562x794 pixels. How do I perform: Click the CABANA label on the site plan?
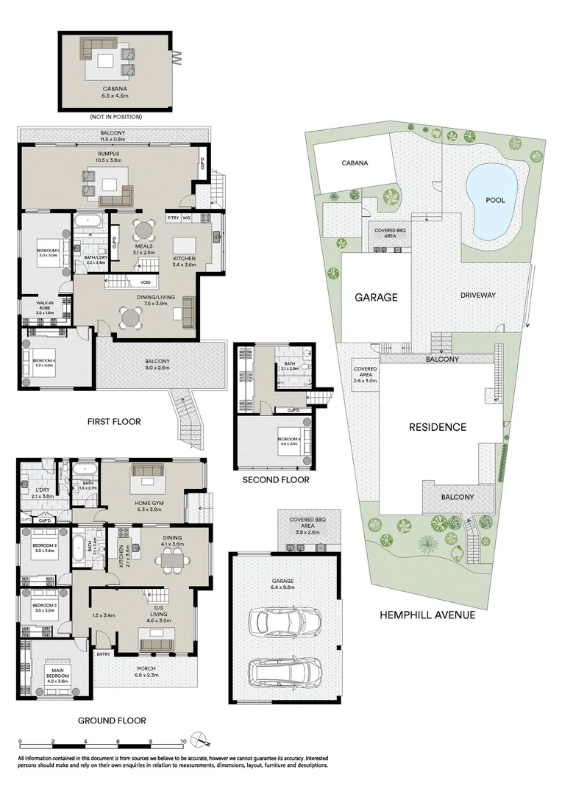(x=354, y=164)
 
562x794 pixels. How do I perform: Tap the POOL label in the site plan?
(x=495, y=200)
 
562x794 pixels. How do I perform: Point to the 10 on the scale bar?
(x=183, y=742)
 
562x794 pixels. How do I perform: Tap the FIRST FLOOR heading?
(x=114, y=421)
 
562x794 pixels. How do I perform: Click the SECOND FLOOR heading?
(x=276, y=480)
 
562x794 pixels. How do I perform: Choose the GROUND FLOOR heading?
(x=112, y=720)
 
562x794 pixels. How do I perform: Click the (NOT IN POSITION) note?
(x=115, y=117)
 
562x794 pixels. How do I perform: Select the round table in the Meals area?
(x=144, y=229)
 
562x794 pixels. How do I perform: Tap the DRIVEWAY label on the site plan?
(x=478, y=295)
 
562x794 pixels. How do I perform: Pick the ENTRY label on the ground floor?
(x=103, y=654)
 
